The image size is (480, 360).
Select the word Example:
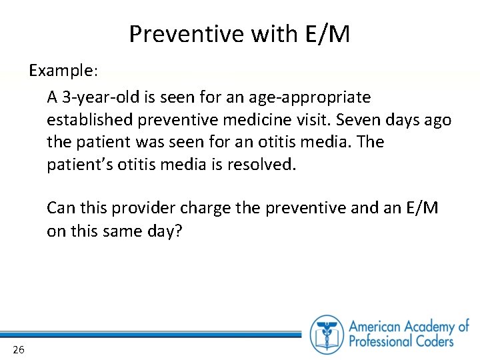pyautogui.click(x=63, y=70)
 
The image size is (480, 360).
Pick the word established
pyautogui.click(x=86, y=120)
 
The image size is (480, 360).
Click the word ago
pyautogui.click(x=437, y=120)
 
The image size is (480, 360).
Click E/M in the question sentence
pyautogui.click(x=421, y=209)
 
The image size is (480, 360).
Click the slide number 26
pyautogui.click(x=18, y=349)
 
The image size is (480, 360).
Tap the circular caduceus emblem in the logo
pyautogui.click(x=327, y=334)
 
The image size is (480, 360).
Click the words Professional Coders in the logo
pyautogui.click(x=401, y=341)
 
